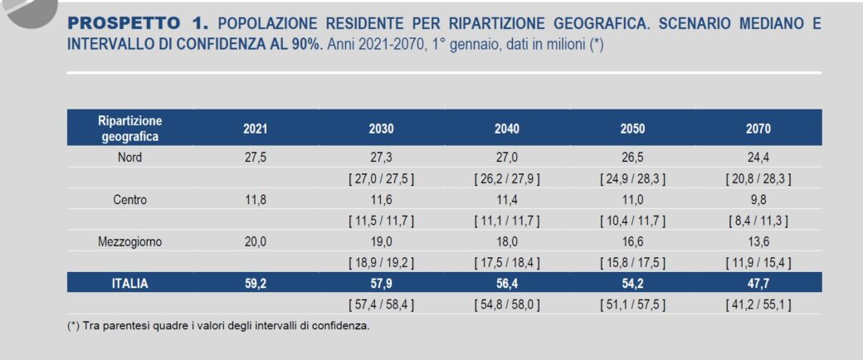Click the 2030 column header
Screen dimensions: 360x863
pos(381,129)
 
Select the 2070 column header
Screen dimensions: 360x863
pos(758,129)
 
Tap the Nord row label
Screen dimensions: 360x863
pos(129,158)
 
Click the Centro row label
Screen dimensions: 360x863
pos(129,200)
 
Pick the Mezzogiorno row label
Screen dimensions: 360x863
pos(129,242)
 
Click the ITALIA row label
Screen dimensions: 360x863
pos(129,284)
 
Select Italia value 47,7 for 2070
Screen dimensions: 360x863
pos(758,284)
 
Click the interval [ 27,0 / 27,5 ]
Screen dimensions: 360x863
pos(381,178)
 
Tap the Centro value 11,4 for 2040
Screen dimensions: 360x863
pos(506,200)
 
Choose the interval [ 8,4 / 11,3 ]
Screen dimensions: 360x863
pos(758,221)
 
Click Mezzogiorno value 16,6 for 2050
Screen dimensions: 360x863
pos(632,242)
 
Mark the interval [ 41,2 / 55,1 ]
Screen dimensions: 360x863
pos(758,304)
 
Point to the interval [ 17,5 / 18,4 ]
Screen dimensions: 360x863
pos(506,263)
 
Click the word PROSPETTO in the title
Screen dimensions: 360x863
pos(124,23)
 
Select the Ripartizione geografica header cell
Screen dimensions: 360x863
pos(129,129)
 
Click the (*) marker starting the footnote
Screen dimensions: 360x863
pos(73,325)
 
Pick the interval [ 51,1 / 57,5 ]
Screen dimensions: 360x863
pos(632,304)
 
